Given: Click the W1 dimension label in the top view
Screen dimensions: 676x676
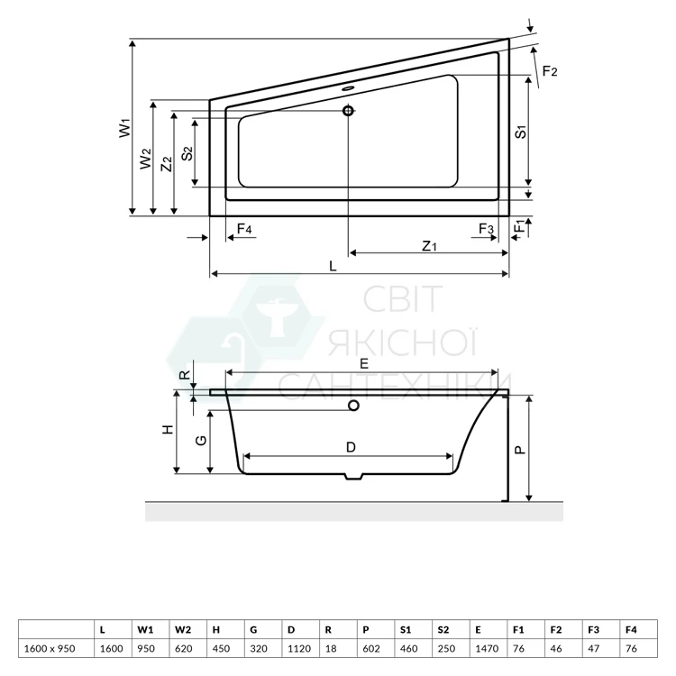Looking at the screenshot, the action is (x=124, y=128).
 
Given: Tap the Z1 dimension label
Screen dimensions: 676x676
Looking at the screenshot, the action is (x=429, y=246).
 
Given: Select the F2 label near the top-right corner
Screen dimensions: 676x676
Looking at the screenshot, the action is (x=550, y=70).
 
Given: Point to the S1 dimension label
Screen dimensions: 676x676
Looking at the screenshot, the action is (x=521, y=132).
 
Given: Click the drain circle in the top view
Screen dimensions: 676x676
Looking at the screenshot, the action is (x=348, y=111).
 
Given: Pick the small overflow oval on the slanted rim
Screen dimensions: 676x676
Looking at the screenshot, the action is (x=348, y=89).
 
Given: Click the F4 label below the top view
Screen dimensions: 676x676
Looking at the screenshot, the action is (x=244, y=229).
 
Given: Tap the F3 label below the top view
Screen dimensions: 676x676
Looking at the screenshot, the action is (x=486, y=229).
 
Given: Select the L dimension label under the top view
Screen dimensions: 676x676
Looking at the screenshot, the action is (x=333, y=266).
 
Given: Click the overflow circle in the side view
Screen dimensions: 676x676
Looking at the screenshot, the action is (x=354, y=406).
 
